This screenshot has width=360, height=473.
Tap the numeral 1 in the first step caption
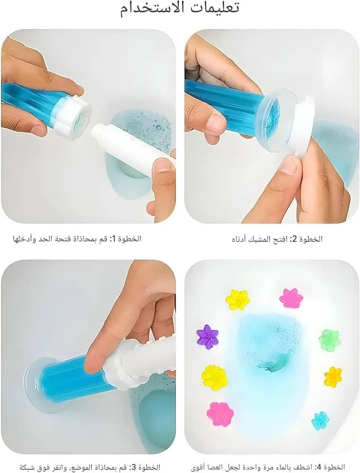point(112,239)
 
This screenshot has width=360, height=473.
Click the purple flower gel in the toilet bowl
point(207,335)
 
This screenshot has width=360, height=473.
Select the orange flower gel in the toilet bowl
point(333,377)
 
